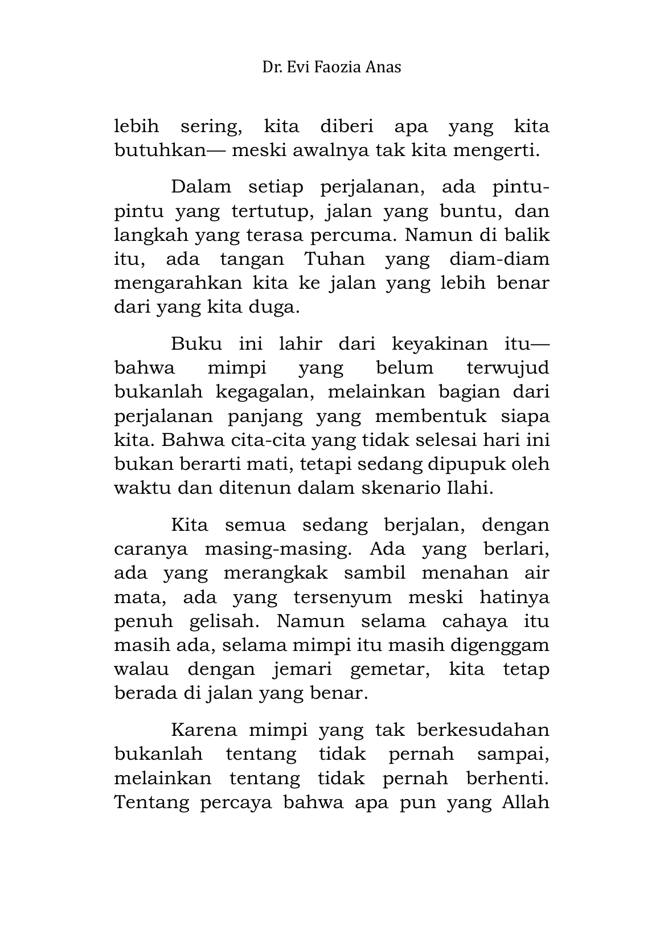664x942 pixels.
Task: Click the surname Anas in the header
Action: pyautogui.click(x=384, y=67)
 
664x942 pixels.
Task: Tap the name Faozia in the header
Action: pyautogui.click(x=339, y=67)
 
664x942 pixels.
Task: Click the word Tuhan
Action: pyautogui.click(x=334, y=259)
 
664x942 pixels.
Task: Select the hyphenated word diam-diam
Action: pyautogui.click(x=499, y=259)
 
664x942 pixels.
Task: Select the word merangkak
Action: pyautogui.click(x=276, y=572)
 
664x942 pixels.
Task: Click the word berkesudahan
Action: pyautogui.click(x=483, y=730)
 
